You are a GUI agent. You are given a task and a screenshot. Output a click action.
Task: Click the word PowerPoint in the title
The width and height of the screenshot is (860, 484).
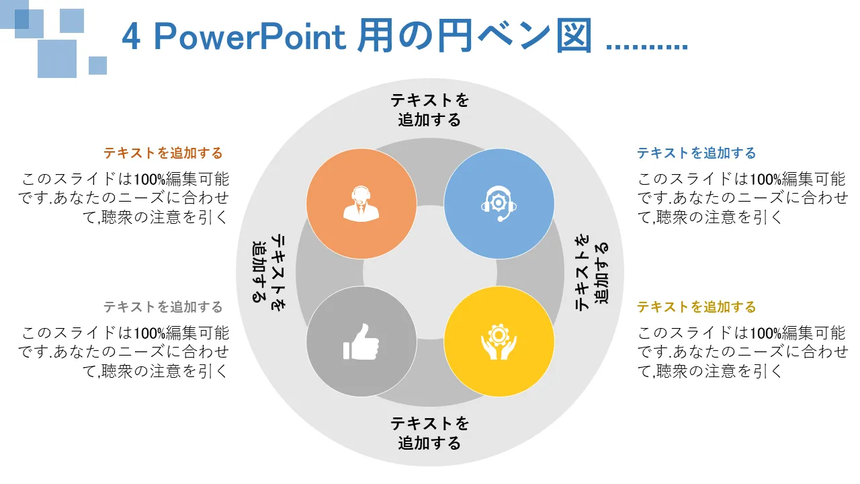(250, 37)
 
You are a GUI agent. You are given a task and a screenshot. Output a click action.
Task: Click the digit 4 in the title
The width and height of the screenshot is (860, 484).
(130, 37)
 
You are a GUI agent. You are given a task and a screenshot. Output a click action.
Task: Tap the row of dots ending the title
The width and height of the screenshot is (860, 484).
(647, 47)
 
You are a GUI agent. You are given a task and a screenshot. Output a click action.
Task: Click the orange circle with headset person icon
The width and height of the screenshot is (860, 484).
(361, 204)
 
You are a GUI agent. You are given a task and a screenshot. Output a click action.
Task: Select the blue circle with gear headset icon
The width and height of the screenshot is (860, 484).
(499, 204)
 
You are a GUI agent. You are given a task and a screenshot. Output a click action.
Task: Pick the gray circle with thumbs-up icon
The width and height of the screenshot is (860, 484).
(361, 341)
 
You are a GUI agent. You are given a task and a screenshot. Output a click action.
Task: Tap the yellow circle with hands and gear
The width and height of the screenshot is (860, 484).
(499, 341)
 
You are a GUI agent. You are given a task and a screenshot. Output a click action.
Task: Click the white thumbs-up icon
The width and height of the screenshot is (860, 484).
(361, 342)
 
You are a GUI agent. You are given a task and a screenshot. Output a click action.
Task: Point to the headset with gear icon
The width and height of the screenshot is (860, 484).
(499, 204)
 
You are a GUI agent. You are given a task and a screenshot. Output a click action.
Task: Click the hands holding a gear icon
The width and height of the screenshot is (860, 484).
(499, 342)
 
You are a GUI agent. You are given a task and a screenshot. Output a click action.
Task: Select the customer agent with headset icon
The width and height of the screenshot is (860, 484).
(361, 204)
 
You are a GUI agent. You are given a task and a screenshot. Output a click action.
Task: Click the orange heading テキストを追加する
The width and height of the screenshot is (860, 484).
(163, 153)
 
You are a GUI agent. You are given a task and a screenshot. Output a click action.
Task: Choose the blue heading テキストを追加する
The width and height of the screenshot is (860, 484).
(697, 153)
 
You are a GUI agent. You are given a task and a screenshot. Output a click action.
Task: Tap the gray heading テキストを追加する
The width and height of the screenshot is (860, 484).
(163, 307)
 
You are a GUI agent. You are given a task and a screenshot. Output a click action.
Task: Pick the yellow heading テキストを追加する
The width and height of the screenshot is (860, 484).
(697, 307)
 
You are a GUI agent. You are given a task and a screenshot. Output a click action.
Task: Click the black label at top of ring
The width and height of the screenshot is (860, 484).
(430, 110)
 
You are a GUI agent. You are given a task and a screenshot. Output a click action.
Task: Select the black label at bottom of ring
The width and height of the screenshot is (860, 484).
(430, 434)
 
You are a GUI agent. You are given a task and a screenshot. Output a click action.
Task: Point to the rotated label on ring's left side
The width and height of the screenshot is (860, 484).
(269, 272)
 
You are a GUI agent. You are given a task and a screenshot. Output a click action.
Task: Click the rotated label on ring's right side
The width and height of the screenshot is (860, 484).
(592, 272)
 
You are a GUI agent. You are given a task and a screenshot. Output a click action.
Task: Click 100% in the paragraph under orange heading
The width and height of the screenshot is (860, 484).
(149, 179)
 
